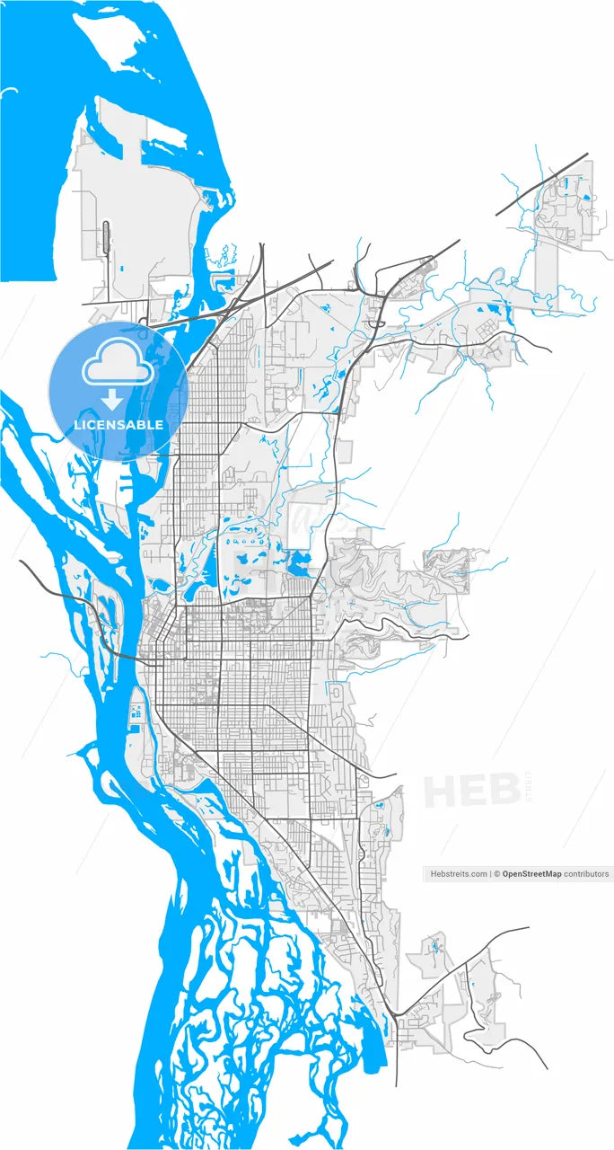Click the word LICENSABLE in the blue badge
pyautogui.click(x=118, y=424)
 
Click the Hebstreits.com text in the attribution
pyautogui.click(x=459, y=873)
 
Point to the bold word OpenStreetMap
pyautogui.click(x=531, y=873)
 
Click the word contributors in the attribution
pyautogui.click(x=586, y=873)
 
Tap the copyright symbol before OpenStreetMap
pyautogui.click(x=497, y=873)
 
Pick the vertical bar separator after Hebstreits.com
pyautogui.click(x=491, y=873)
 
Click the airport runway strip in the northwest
pyautogui.click(x=107, y=242)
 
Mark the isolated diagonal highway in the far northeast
pyautogui.click(x=542, y=185)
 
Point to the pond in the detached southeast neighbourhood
pyautogui.click(x=435, y=945)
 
